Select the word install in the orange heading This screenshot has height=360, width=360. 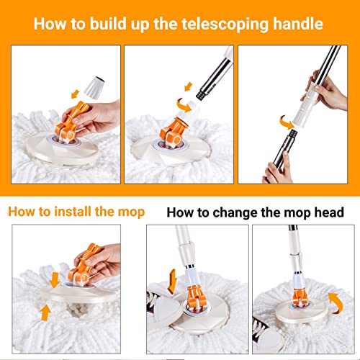coord(71,212)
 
